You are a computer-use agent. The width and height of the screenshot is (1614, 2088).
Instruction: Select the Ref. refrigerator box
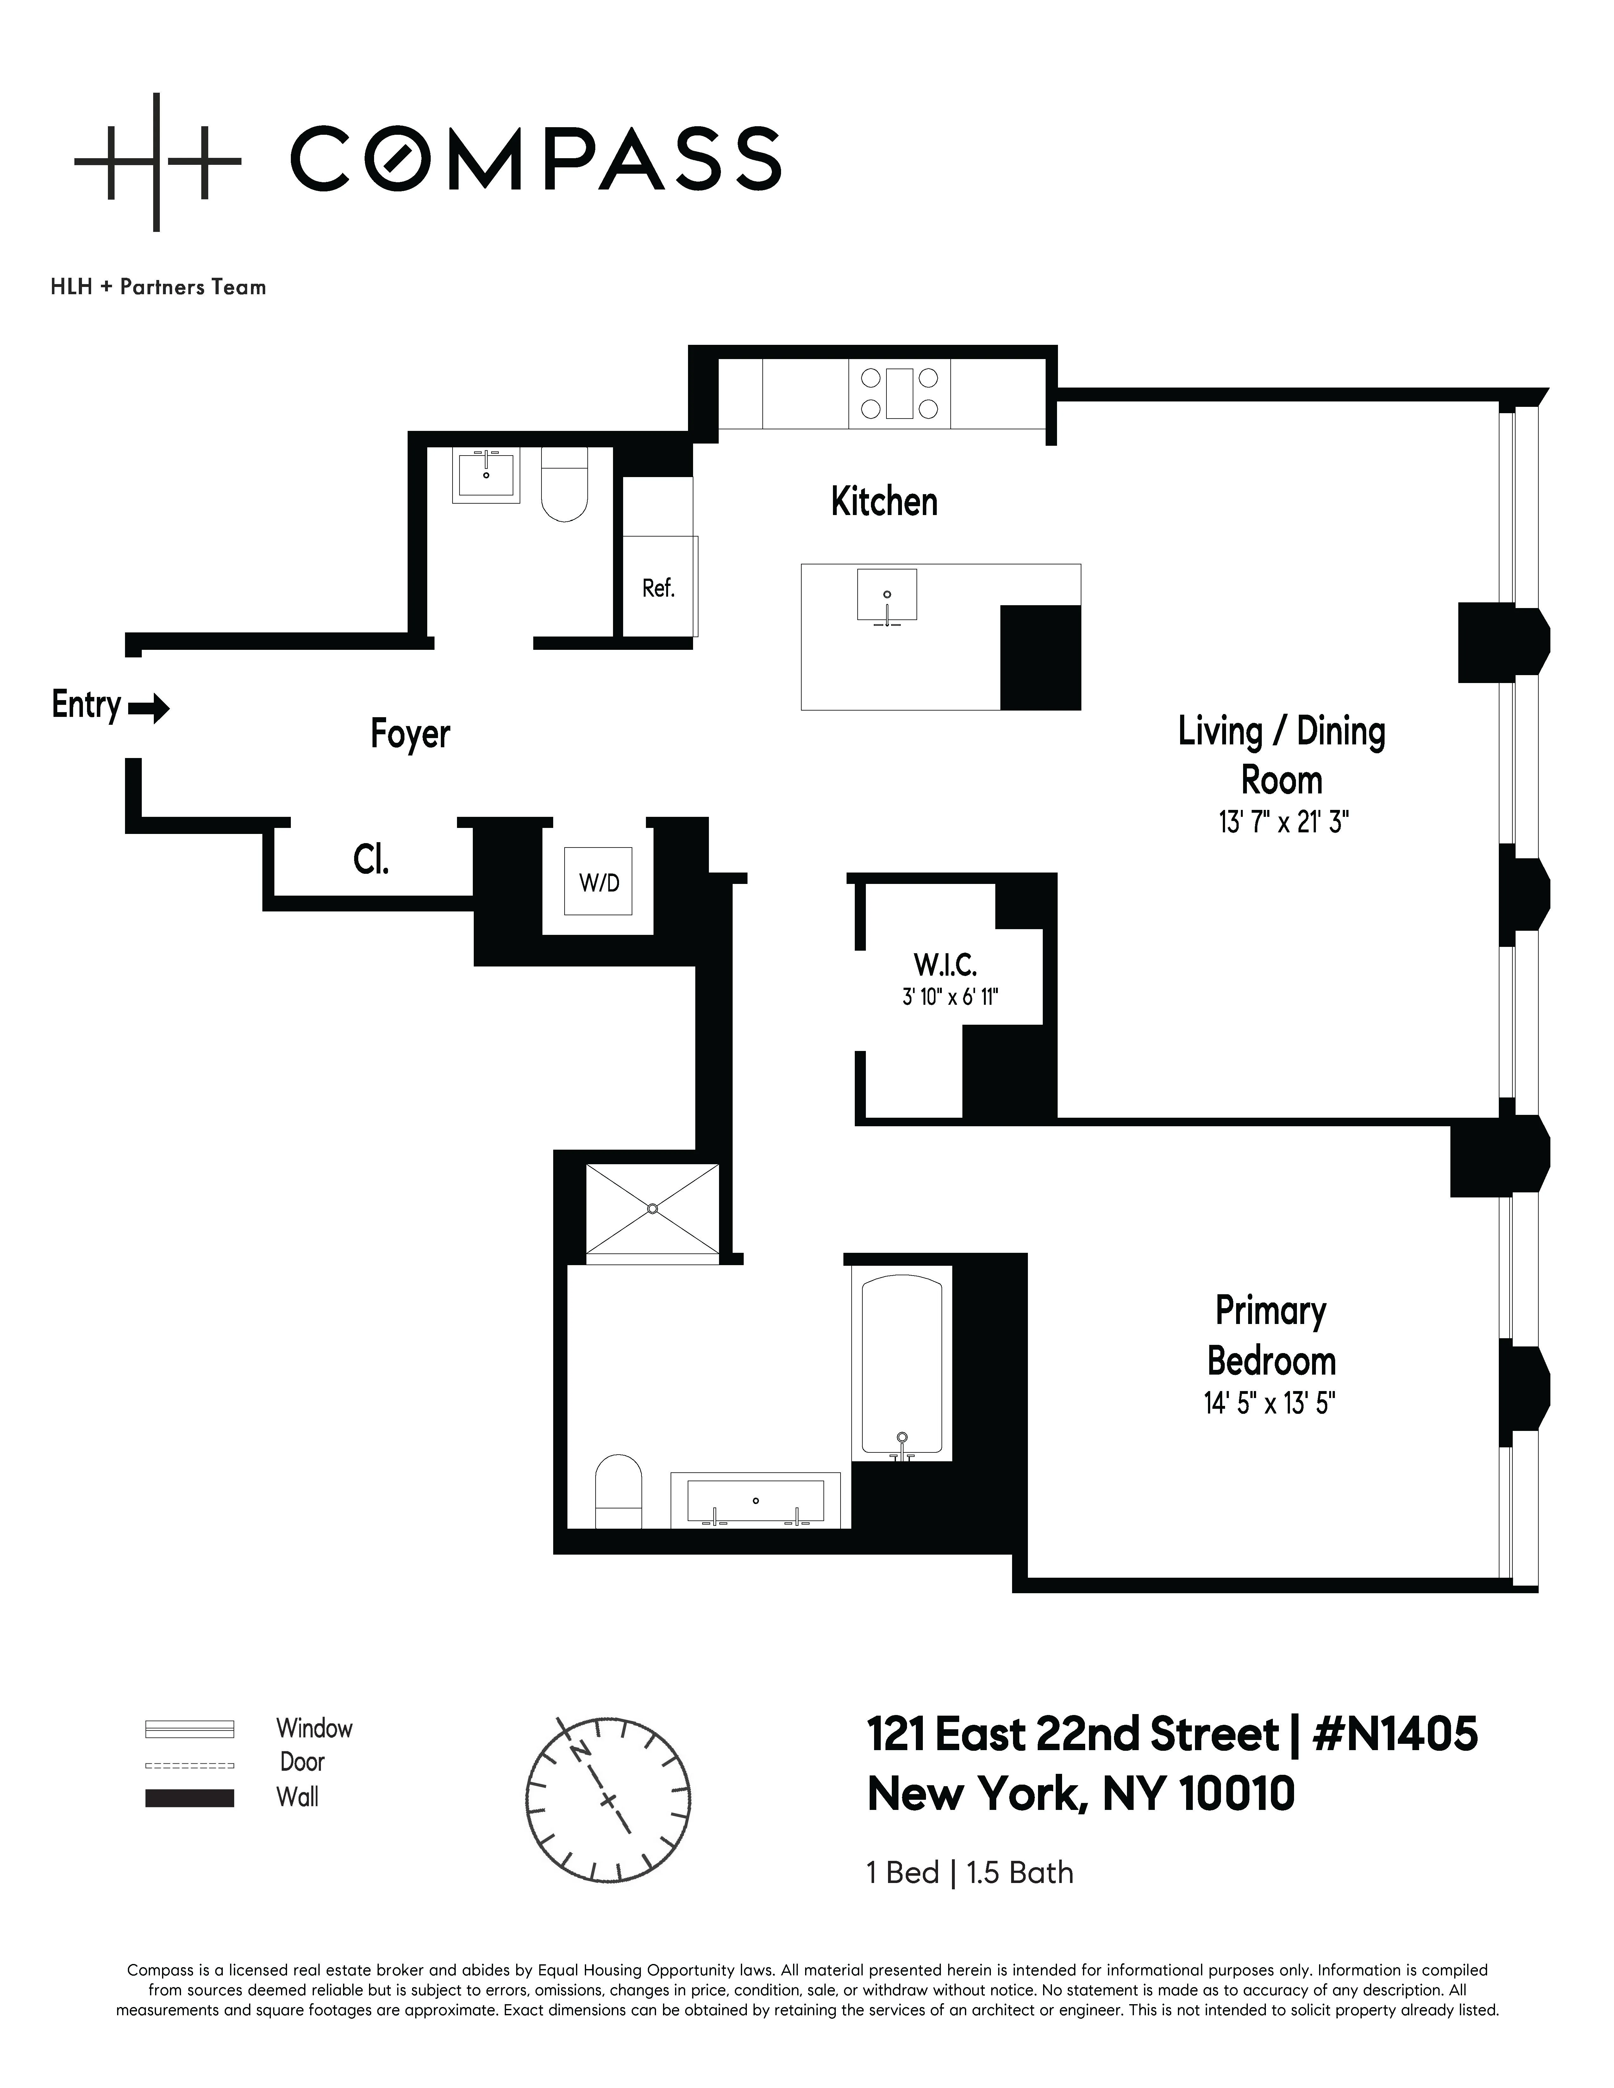tap(659, 587)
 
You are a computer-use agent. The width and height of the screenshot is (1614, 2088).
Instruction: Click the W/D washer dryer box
tap(598, 881)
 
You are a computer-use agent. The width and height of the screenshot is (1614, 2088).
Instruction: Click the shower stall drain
tap(652, 1209)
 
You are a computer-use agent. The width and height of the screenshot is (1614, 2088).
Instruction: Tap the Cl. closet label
tap(371, 861)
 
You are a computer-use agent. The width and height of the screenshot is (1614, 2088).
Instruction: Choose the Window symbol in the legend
tap(189, 1729)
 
